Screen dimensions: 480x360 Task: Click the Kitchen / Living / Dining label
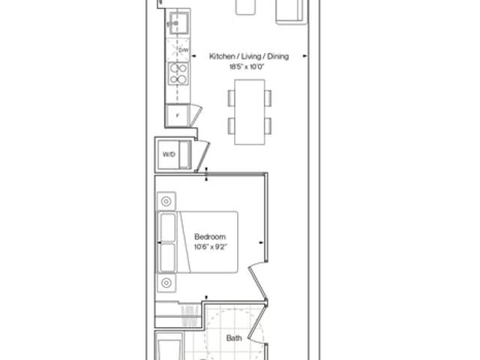tap(249, 56)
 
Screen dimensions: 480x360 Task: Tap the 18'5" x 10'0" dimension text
tap(247, 67)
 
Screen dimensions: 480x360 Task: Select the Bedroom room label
tap(210, 237)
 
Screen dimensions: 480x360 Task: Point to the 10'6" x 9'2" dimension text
tap(211, 247)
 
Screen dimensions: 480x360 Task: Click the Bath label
tap(234, 338)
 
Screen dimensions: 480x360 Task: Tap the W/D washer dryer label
tap(169, 154)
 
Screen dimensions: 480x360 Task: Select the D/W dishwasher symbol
tap(178, 49)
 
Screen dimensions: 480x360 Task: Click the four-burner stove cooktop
tap(178, 73)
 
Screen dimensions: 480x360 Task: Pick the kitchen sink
tap(179, 23)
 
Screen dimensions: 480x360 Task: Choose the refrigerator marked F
tap(177, 115)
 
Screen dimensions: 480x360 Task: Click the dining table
tap(250, 112)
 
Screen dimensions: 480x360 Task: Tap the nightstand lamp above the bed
tap(166, 201)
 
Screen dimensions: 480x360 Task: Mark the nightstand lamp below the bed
tap(166, 283)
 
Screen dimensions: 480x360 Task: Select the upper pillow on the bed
tap(168, 227)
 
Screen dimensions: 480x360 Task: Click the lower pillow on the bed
tap(168, 257)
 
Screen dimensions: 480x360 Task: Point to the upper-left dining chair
tap(231, 98)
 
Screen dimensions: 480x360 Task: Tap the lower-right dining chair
tap(268, 125)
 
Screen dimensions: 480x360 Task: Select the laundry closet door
tap(202, 156)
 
